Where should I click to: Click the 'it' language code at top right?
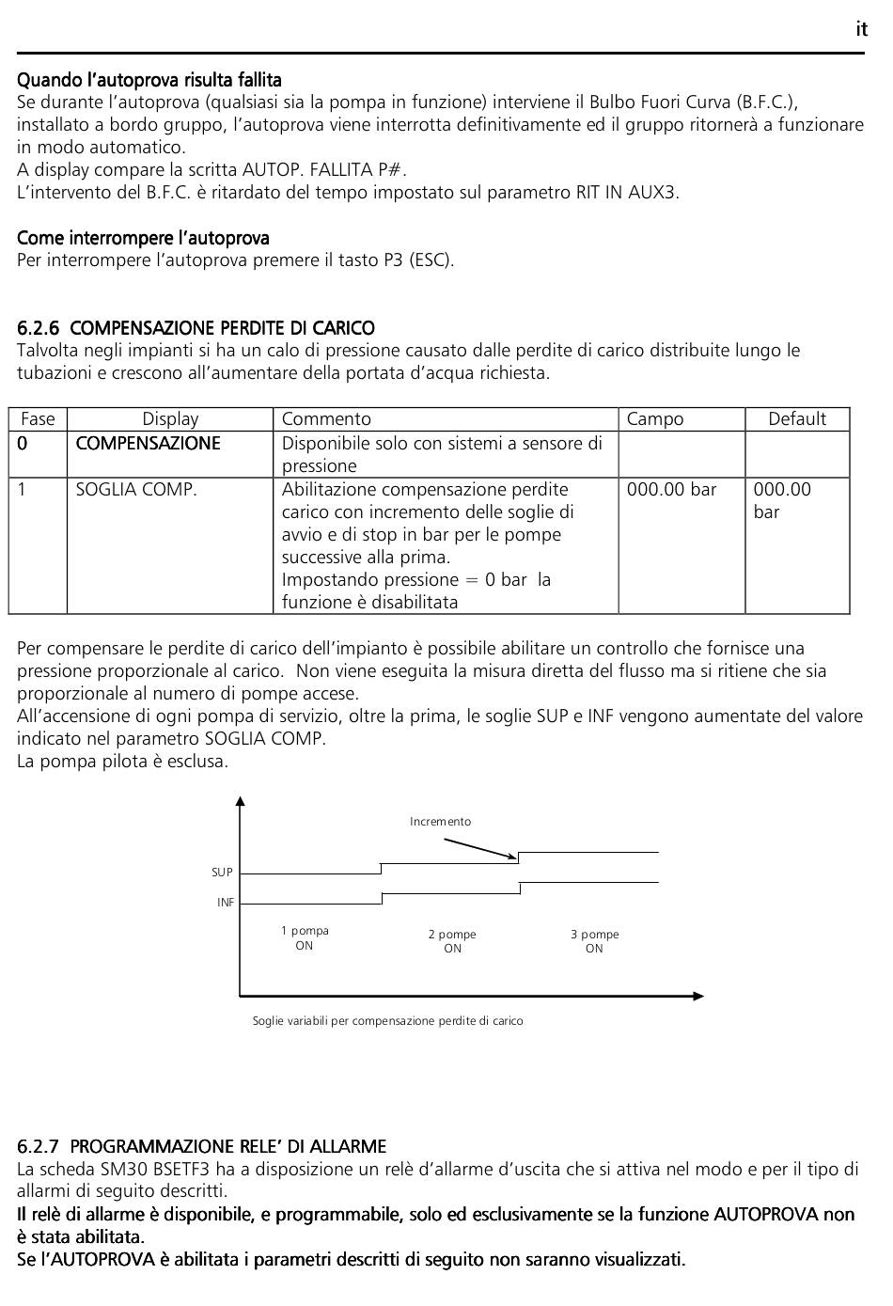pyautogui.click(x=861, y=29)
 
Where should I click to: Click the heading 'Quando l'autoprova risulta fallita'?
pyautogui.click(x=149, y=80)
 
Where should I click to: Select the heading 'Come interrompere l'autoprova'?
pyautogui.click(x=143, y=238)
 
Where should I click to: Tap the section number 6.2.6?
pyautogui.click(x=39, y=328)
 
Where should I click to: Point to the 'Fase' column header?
pyautogui.click(x=38, y=419)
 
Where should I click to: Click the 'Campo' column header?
pyautogui.click(x=655, y=419)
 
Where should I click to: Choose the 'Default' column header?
pyautogui.click(x=797, y=419)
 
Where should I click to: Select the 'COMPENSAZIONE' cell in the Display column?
pyautogui.click(x=148, y=444)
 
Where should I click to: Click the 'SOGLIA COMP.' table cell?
pyautogui.click(x=136, y=490)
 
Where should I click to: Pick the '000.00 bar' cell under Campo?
pyautogui.click(x=671, y=490)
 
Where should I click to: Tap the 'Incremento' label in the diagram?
pyautogui.click(x=440, y=822)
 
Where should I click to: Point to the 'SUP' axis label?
pyautogui.click(x=222, y=873)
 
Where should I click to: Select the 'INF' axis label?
pyautogui.click(x=226, y=903)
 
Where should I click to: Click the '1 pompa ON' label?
pyautogui.click(x=305, y=938)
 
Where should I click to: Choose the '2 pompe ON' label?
pyautogui.click(x=452, y=941)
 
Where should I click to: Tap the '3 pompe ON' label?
pyautogui.click(x=594, y=941)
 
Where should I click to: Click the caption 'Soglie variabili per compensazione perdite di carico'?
pyautogui.click(x=387, y=1021)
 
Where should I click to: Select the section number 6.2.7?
pyautogui.click(x=39, y=1146)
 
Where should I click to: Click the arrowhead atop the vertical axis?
pyautogui.click(x=241, y=801)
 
